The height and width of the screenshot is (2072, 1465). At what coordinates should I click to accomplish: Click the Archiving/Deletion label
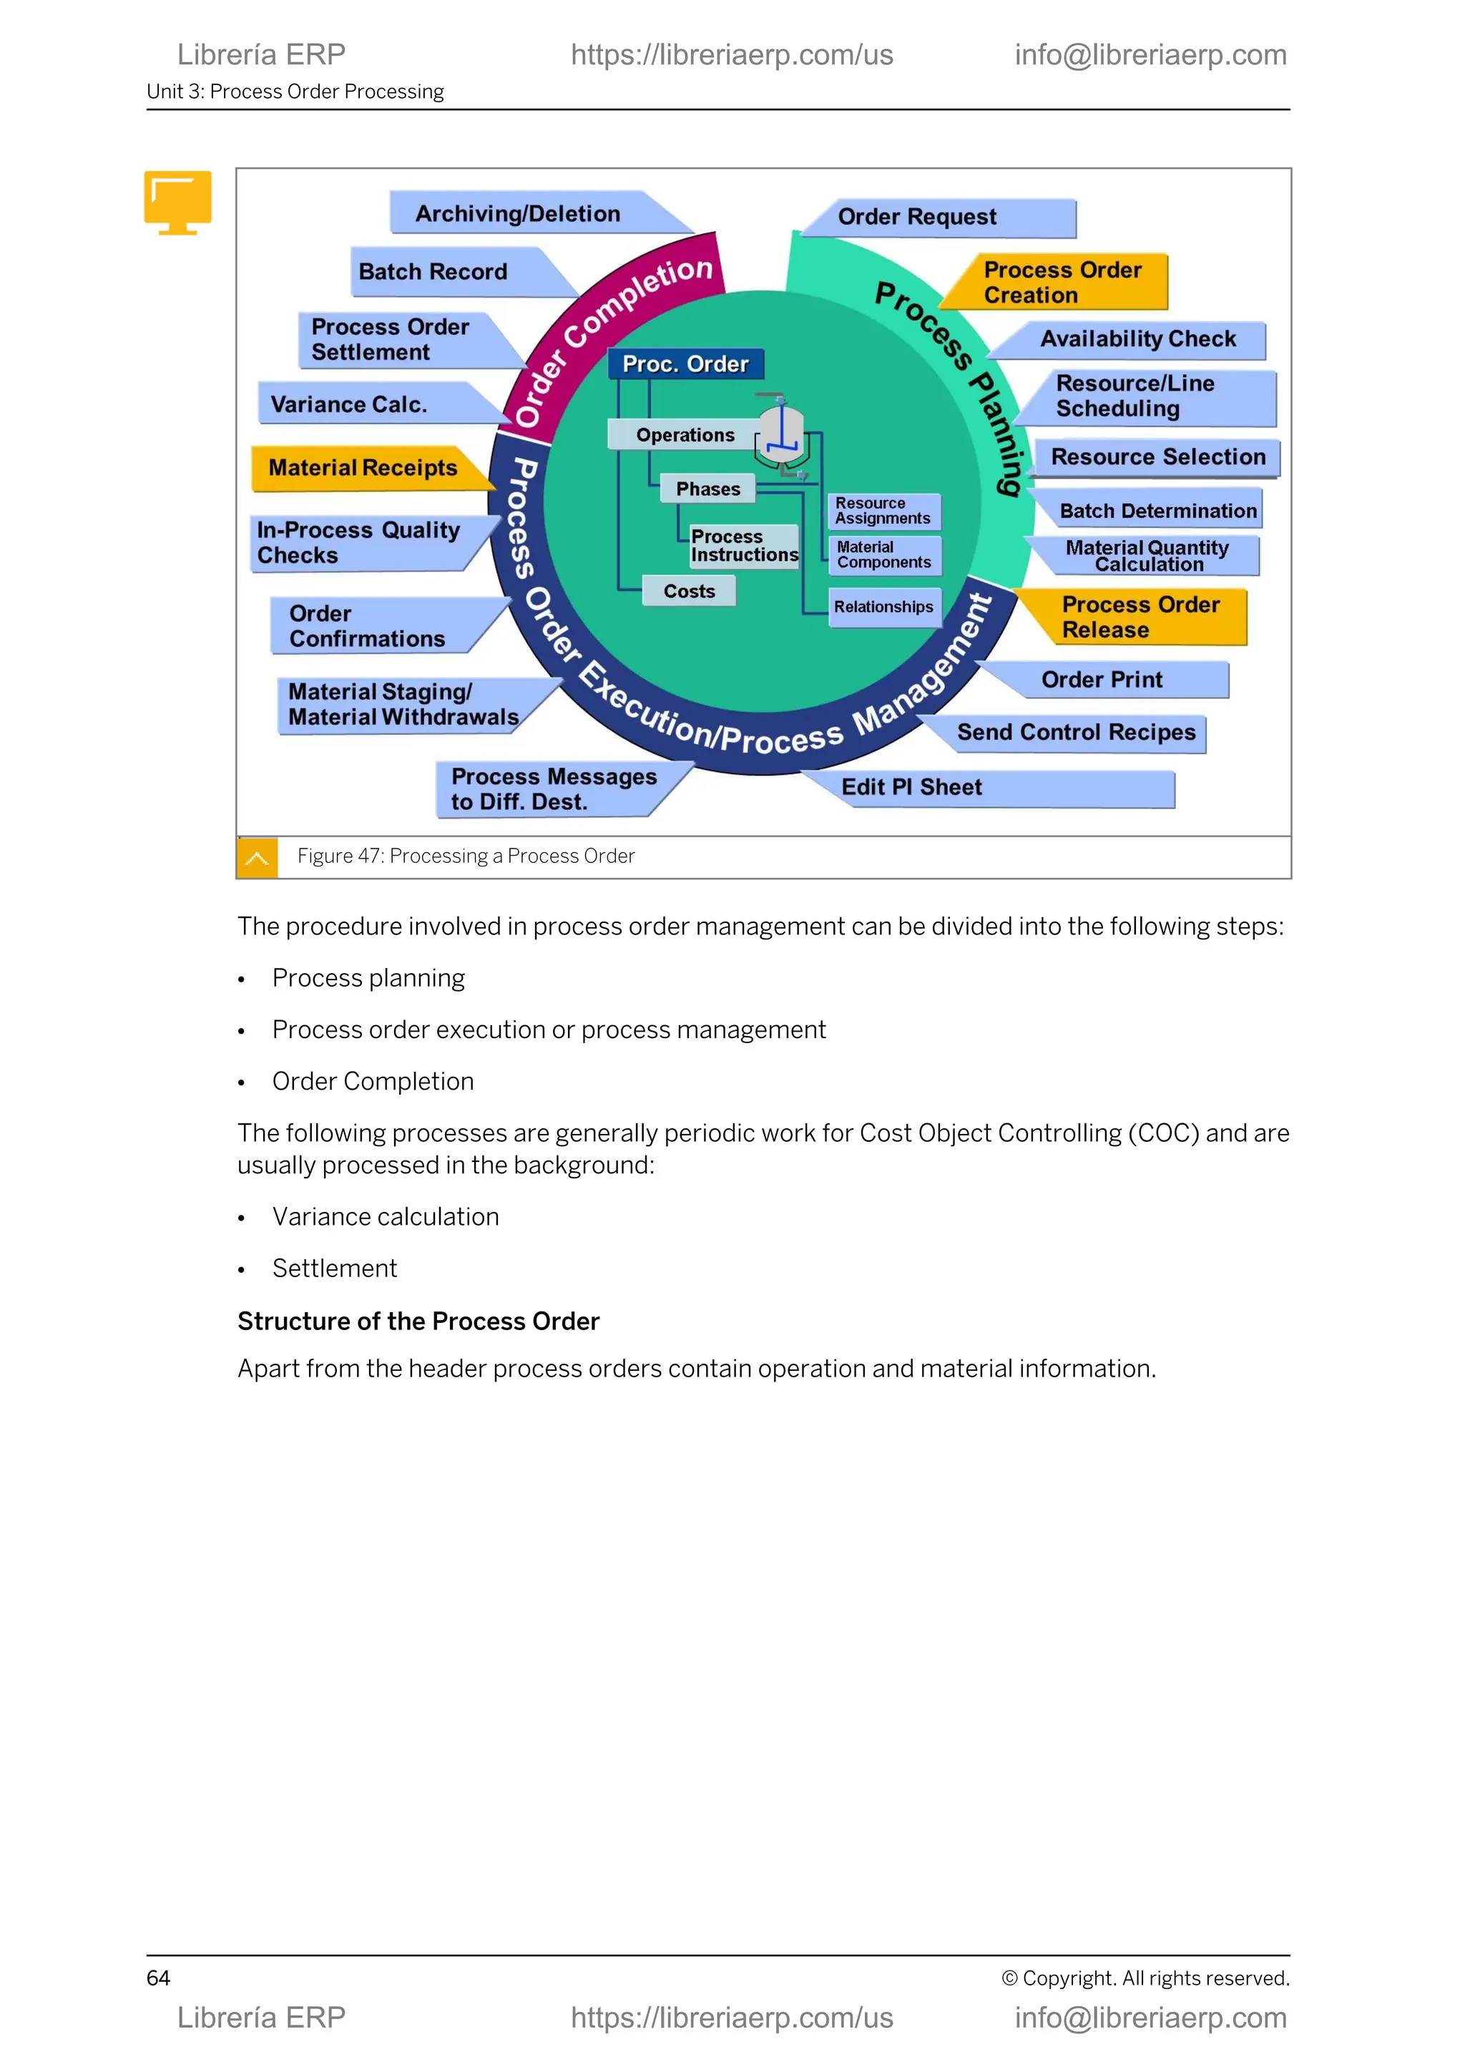pos(517,214)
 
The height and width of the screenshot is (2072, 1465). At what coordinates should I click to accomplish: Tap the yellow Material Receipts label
pos(363,467)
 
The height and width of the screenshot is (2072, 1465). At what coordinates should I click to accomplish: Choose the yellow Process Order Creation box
pos(1062,283)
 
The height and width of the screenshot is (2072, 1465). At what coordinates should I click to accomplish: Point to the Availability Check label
pos(1137,339)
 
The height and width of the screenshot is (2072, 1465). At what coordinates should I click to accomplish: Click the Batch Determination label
pos(1157,511)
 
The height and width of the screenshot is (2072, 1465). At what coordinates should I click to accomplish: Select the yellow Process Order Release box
pos(1140,617)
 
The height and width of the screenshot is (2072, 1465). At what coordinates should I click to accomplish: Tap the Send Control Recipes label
pos(1075,732)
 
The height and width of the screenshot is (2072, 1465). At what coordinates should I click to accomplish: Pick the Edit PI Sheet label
pos(911,787)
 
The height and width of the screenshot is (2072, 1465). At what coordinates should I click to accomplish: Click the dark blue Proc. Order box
pos(685,363)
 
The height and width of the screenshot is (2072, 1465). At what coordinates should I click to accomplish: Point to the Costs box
pos(689,591)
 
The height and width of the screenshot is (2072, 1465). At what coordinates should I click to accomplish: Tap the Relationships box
pos(883,607)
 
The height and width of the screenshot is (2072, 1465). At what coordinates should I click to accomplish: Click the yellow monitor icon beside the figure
pos(177,201)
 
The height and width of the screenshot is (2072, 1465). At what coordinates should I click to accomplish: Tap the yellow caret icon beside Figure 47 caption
pos(257,857)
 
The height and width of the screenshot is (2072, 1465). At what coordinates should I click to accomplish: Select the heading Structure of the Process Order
pos(418,1321)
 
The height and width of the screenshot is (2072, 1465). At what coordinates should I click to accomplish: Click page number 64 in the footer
pos(158,1978)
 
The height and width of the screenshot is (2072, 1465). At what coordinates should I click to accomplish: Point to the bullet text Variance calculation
pos(385,1216)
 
